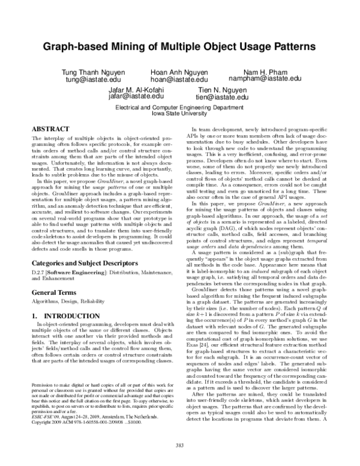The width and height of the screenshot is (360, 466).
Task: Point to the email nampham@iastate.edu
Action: [x=269, y=79]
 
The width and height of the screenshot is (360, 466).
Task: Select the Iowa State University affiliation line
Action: [x=179, y=112]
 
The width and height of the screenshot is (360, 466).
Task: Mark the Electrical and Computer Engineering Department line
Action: [x=179, y=106]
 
